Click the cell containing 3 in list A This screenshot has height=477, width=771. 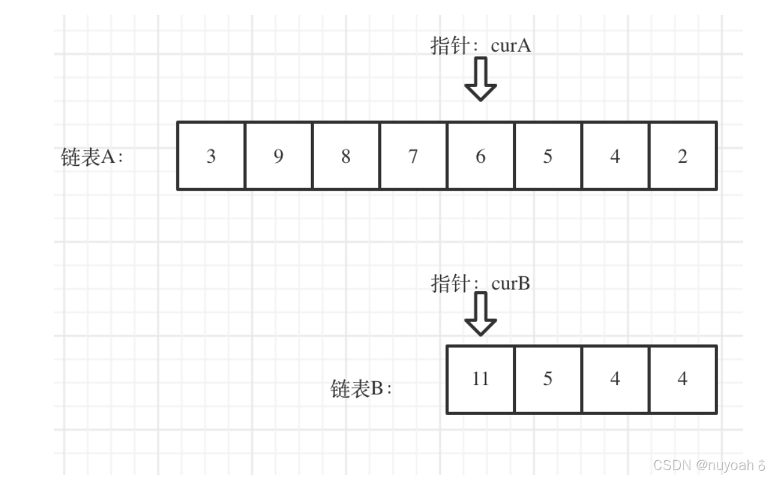(211, 156)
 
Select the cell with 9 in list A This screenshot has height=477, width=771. (278, 156)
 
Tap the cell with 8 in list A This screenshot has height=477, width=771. (346, 156)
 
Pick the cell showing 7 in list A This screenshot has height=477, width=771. (413, 156)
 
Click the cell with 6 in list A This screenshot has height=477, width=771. (480, 156)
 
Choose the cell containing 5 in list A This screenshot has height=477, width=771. (548, 156)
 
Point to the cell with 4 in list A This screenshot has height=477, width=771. (615, 156)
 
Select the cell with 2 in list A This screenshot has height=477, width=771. (682, 156)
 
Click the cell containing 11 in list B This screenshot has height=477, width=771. (480, 379)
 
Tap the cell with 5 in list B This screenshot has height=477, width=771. (548, 379)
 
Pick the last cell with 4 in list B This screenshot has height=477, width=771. (682, 379)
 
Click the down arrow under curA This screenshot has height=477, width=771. (480, 79)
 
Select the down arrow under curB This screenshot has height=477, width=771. (480, 314)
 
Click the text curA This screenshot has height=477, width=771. (511, 45)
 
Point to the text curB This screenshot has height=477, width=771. (510, 284)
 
